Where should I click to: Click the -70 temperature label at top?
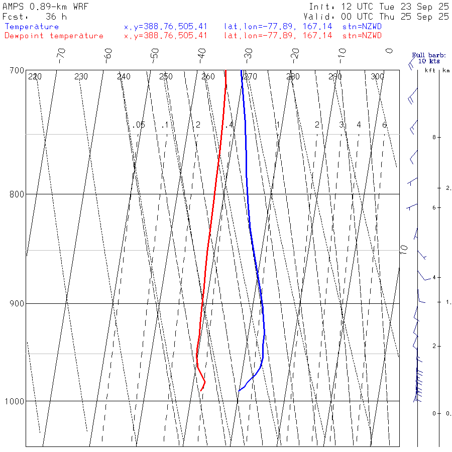point(61,54)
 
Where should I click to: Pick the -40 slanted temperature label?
point(202,54)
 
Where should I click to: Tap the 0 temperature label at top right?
point(389,51)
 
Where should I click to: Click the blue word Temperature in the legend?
point(32,27)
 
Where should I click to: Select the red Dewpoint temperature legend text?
point(54,36)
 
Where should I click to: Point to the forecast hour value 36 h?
point(56,16)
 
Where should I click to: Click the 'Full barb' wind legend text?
point(425,55)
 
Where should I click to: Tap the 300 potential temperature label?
point(377,76)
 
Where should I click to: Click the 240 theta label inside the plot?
point(124,76)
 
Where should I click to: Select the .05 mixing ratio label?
point(140,125)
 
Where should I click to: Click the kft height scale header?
point(430,70)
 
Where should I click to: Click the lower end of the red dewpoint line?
point(200,391)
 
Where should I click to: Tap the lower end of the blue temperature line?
point(239,390)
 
